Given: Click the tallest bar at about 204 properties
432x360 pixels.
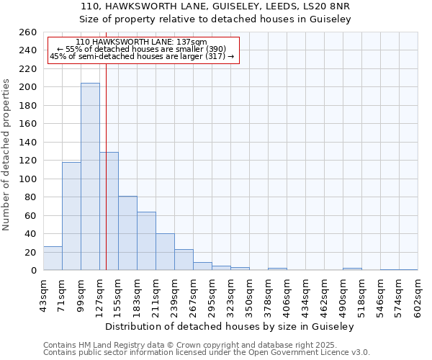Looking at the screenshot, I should pyautogui.click(x=90, y=176).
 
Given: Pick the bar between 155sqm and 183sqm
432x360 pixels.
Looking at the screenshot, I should pyautogui.click(x=127, y=233).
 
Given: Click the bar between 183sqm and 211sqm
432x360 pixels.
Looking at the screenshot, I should pyautogui.click(x=146, y=241).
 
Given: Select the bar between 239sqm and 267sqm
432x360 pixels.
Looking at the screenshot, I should pyautogui.click(x=184, y=260).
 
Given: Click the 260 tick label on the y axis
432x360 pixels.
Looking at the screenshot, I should pyautogui.click(x=28, y=32).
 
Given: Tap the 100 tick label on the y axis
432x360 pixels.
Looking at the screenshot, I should pyautogui.click(x=28, y=179).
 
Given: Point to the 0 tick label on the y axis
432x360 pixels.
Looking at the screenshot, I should pyautogui.click(x=33, y=271).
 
